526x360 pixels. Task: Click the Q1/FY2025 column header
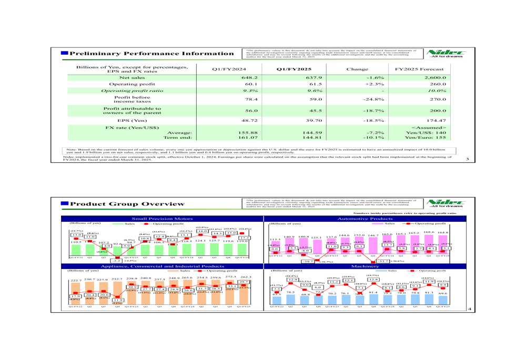pyautogui.click(x=292, y=69)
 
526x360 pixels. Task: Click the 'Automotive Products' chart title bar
pyautogui.click(x=366, y=217)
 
